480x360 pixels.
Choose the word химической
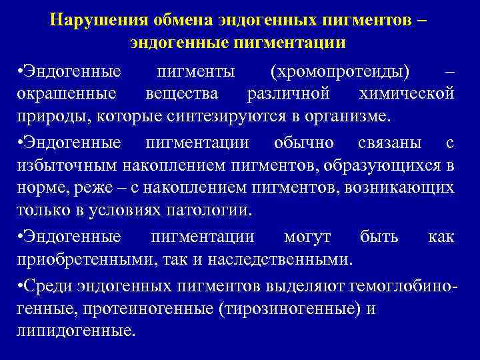[x=406, y=93]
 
